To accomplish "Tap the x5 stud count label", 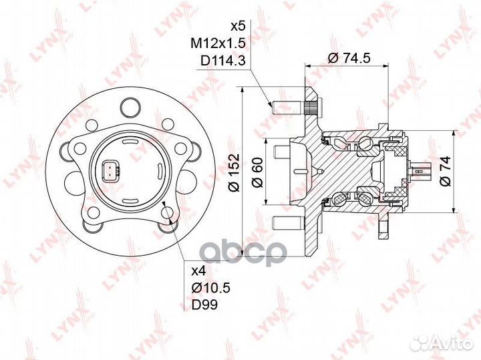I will coord(238,27).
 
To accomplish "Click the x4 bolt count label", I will coord(198,272).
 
